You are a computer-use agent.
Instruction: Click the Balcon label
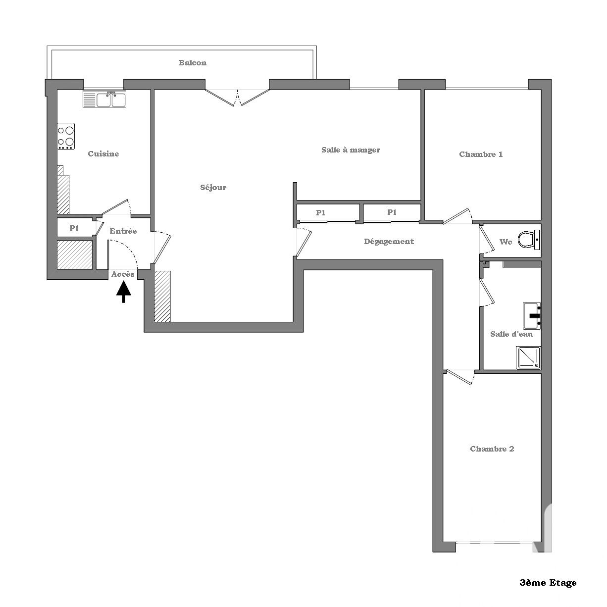[193, 63]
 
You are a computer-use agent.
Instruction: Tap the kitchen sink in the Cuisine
[104, 99]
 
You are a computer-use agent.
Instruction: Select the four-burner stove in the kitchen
[66, 136]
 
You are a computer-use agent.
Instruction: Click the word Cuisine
[103, 153]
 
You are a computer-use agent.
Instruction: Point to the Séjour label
[213, 188]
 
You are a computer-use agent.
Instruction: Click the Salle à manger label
[351, 150]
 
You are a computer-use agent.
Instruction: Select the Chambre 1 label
[481, 154]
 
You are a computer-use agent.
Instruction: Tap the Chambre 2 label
[492, 449]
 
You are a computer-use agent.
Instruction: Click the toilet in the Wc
[529, 240]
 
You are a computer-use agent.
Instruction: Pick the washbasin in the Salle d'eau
[532, 315]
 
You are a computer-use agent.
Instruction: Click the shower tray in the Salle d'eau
[528, 358]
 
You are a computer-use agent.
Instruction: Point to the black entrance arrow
[123, 292]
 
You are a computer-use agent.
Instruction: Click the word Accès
[123, 274]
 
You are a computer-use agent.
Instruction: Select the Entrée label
[123, 231]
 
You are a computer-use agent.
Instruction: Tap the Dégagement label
[389, 242]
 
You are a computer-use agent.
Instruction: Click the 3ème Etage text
[548, 583]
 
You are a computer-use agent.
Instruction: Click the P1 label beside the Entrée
[74, 228]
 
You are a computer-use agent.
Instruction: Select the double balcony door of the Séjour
[237, 98]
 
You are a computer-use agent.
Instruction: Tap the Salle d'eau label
[511, 334]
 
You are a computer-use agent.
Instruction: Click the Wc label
[506, 242]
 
